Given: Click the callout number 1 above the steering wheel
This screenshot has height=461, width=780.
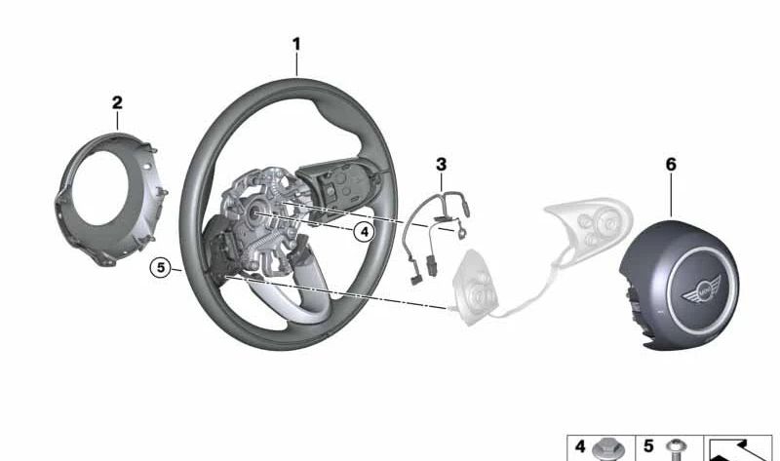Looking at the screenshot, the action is (x=296, y=44).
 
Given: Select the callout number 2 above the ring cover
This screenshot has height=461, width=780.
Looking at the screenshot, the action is (x=117, y=103).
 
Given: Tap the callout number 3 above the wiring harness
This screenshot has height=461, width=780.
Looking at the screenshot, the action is (x=442, y=164).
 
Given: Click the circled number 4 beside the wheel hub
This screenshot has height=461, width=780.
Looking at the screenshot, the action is (x=365, y=232).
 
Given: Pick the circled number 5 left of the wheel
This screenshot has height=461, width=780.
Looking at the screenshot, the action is (x=161, y=268).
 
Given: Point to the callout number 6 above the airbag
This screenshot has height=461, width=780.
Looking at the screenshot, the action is (x=671, y=164).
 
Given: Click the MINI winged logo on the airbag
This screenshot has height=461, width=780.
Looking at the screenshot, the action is (x=701, y=289).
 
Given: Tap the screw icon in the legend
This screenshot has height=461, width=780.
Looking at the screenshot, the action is (x=676, y=449).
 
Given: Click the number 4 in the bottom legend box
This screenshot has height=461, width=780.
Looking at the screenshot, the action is (x=580, y=446).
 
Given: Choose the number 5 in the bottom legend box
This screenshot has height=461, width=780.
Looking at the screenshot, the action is (x=648, y=446).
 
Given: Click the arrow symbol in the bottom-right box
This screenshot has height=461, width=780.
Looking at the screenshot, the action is (x=737, y=449).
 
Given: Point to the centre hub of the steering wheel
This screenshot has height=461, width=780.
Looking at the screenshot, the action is (x=257, y=212).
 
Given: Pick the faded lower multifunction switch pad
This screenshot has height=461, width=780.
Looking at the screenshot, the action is (x=476, y=288).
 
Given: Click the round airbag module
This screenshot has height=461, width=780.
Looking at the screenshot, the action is (x=679, y=285).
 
